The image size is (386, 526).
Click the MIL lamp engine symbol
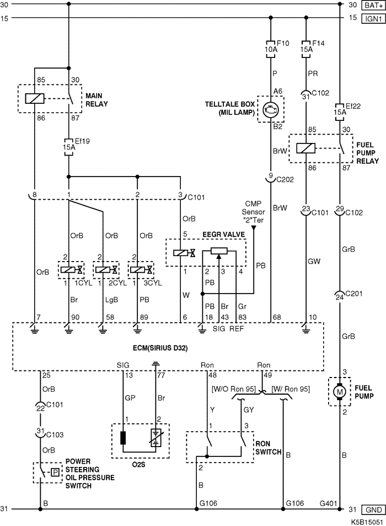[x=271, y=110]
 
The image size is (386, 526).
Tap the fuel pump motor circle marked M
[x=340, y=392]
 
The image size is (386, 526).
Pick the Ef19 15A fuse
[x=68, y=147]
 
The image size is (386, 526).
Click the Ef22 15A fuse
[x=340, y=111]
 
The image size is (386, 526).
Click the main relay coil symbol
[x=35, y=99]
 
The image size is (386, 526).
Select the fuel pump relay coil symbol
[x=306, y=148]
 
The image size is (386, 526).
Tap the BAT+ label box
[x=373, y=5]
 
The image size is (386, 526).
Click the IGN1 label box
[x=373, y=18]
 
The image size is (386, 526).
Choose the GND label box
[x=373, y=510]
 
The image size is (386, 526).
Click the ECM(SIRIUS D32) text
[x=160, y=348]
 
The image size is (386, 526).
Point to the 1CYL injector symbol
[x=71, y=270]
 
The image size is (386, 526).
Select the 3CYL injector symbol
[x=141, y=270]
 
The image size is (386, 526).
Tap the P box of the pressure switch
[x=56, y=472]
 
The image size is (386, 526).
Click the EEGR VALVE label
[x=223, y=235]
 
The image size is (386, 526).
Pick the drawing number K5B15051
[x=367, y=522]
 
